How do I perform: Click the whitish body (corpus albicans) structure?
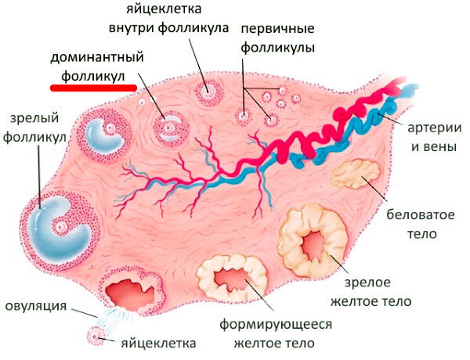pyautogui.click(x=356, y=173)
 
